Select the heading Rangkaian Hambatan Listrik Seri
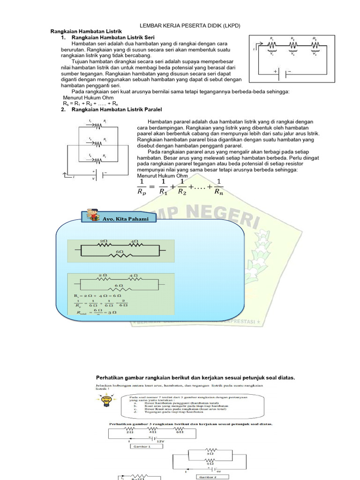tap(113, 37)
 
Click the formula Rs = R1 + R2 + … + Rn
tap(92, 103)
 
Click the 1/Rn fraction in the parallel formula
tap(218, 187)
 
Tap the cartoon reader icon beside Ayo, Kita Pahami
tap(92, 215)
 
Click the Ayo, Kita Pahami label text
tap(122, 218)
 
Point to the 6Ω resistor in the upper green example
tap(120, 255)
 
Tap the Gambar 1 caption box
tap(143, 447)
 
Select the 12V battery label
tap(160, 441)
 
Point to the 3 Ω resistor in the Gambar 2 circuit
tap(210, 454)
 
